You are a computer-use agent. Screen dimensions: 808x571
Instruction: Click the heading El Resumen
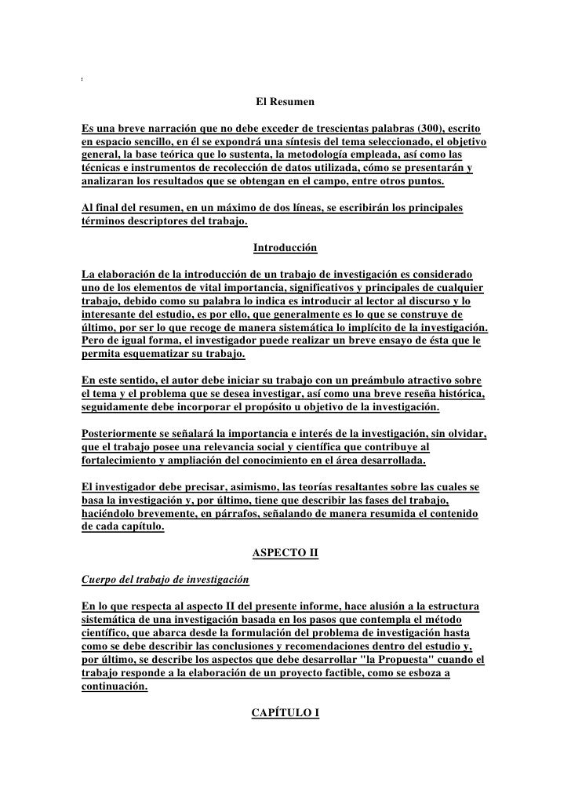285,102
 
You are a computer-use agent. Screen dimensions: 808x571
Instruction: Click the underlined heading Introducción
285,249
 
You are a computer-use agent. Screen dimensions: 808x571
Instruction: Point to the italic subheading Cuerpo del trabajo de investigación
165,581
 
